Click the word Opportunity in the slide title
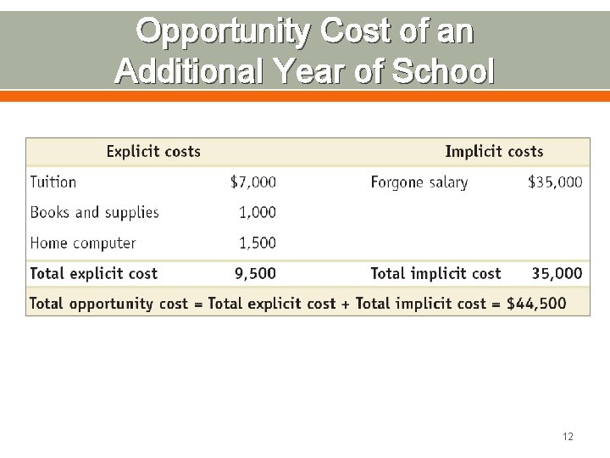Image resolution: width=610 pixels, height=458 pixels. pos(221,32)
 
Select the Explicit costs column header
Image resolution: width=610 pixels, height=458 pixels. pos(153,152)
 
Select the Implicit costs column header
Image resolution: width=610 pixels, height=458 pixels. pos(494,152)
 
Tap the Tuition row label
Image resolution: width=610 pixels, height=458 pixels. pos(53,182)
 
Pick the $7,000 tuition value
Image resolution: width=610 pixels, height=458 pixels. pos(253,182)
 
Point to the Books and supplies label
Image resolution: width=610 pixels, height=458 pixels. pos(94,212)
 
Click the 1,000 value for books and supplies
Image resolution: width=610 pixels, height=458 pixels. pos(258,212)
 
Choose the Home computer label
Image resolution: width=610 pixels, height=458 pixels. pos(83,243)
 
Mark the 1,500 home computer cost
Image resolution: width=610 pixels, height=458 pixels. pos(258,243)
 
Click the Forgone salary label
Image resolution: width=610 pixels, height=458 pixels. pos(419,182)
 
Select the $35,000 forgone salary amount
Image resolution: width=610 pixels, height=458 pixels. pos(555,182)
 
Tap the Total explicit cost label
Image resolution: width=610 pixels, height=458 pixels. pos(94,273)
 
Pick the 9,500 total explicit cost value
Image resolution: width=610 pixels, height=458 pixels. pos(255,273)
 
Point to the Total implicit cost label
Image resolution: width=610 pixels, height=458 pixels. pos(435,273)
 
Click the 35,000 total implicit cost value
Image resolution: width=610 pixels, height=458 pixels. pos(557,273)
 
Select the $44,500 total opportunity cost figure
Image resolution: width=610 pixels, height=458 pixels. pos(536,304)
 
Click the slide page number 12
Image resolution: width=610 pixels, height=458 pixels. pos(568,437)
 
